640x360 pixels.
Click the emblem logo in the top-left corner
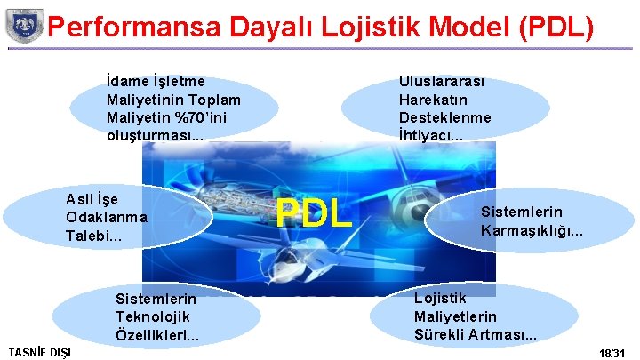click(x=24, y=26)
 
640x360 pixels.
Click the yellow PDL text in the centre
click(x=313, y=214)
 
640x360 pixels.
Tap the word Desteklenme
click(x=444, y=117)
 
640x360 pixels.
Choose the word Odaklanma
click(x=107, y=217)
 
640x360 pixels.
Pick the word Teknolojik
click(x=152, y=316)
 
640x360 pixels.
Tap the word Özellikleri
click(x=154, y=335)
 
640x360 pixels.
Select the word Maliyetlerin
click(x=455, y=316)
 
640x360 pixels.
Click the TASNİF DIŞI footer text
click(x=39, y=353)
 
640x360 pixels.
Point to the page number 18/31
click(x=612, y=353)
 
